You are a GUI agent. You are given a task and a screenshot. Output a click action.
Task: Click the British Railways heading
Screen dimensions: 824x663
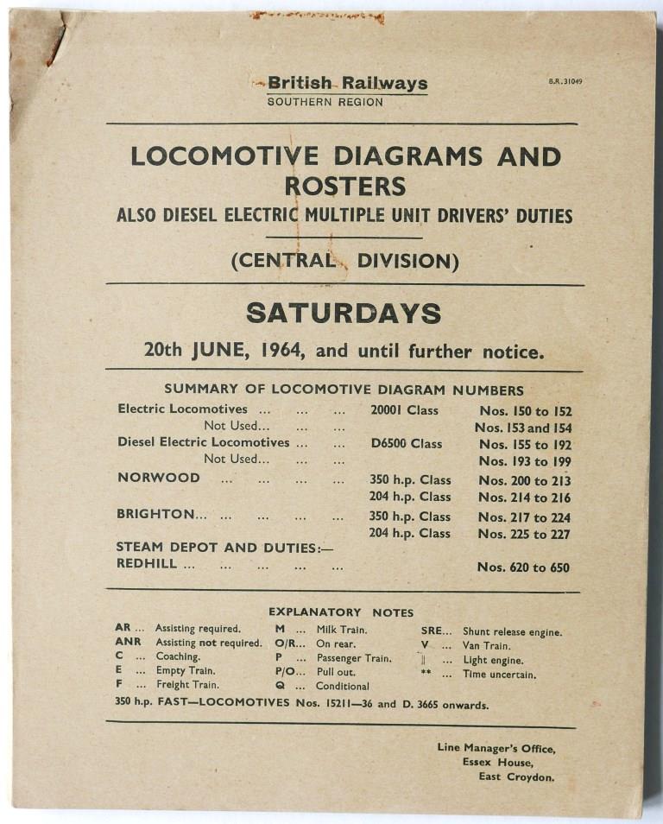coord(347,84)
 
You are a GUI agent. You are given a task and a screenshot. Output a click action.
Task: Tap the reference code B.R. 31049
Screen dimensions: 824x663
coord(565,82)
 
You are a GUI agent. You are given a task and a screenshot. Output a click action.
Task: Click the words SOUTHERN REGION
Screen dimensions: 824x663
coord(325,102)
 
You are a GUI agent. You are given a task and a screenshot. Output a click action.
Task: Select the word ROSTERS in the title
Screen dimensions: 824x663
coord(345,186)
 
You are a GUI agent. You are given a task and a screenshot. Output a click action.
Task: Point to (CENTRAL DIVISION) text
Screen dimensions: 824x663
coord(344,260)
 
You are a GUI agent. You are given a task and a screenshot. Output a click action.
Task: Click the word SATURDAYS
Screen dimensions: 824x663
coord(344,313)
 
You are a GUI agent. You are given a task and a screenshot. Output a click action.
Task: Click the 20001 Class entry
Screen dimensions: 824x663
coord(404,410)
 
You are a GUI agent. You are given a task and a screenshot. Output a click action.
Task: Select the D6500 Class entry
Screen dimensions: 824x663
coord(406,444)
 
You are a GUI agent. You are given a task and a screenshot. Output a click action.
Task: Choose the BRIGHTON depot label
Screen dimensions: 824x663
coord(161,514)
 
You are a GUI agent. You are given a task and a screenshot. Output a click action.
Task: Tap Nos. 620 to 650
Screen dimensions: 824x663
coord(524,567)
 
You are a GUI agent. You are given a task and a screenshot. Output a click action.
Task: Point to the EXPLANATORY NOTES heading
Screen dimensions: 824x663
coord(341,612)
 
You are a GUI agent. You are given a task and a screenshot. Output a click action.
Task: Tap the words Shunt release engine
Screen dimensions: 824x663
coord(512,632)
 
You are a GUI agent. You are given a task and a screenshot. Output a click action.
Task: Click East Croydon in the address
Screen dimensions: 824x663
coord(516,776)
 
